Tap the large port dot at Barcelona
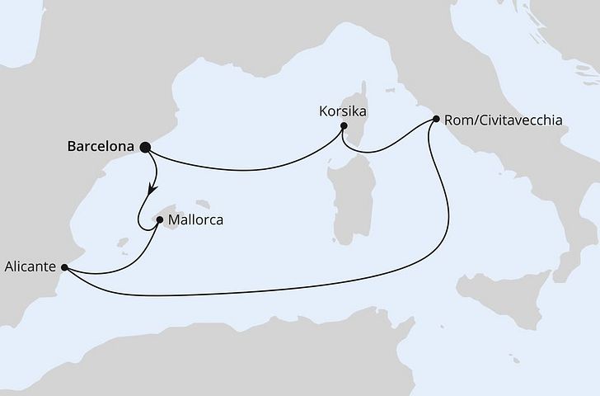pyautogui.click(x=146, y=148)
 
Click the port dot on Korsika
pyautogui.click(x=345, y=127)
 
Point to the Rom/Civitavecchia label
pyautogui.click(x=504, y=120)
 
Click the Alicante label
pyautogui.click(x=30, y=266)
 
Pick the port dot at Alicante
pyautogui.click(x=64, y=266)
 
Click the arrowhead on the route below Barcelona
pyautogui.click(x=152, y=190)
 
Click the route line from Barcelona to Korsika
pyautogui.click(x=247, y=168)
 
